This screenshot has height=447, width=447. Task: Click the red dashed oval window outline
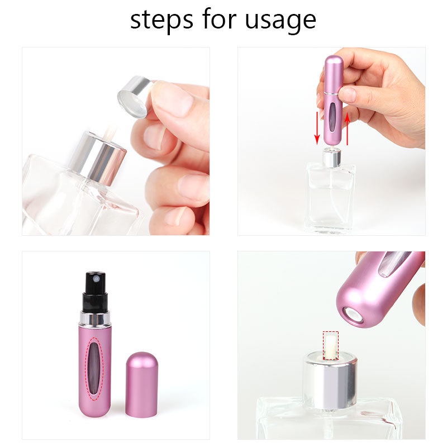coord(97,368)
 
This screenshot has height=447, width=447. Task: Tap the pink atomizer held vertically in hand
coord(334,101)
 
